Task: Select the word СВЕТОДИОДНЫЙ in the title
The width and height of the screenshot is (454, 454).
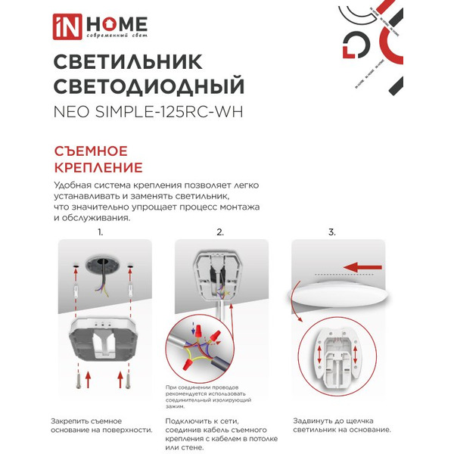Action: point(148,86)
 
